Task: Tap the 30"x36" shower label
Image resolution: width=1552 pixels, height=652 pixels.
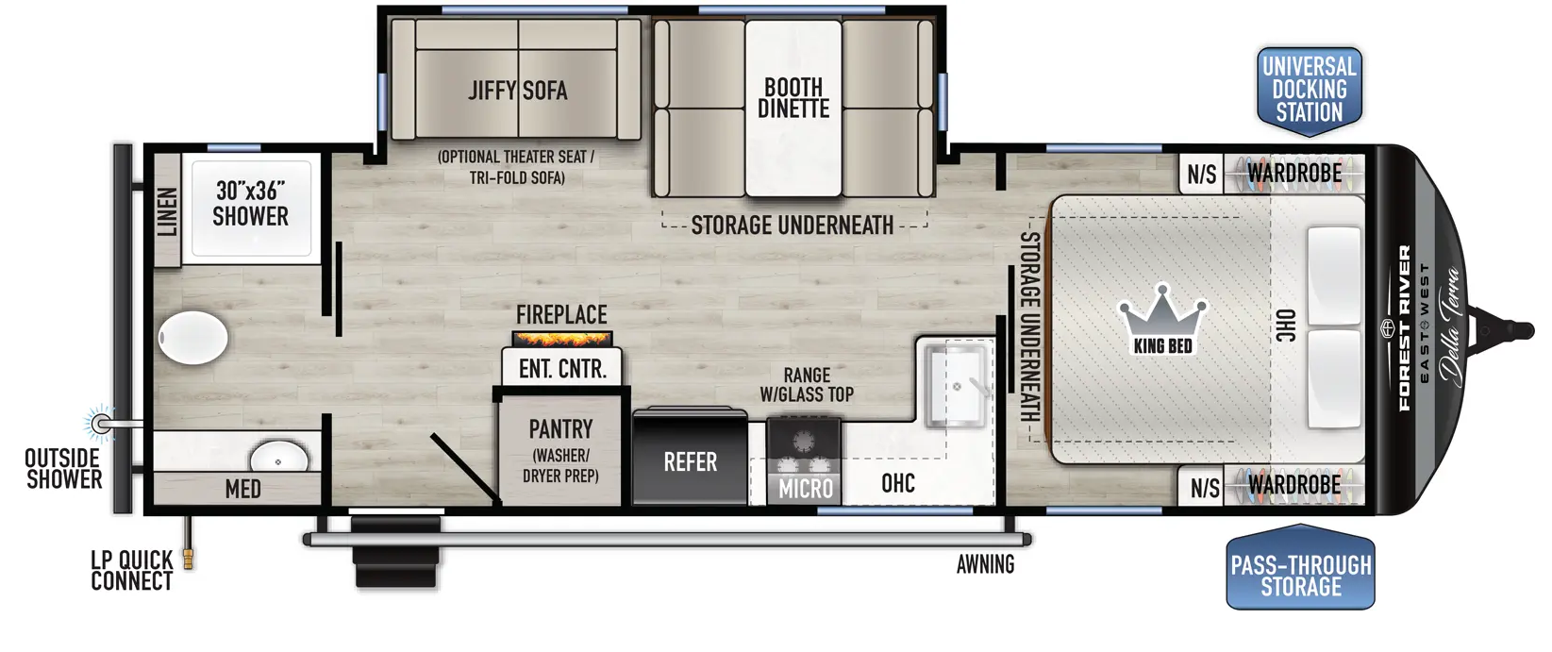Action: point(250,204)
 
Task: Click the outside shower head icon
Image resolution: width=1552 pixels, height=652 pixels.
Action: point(101,422)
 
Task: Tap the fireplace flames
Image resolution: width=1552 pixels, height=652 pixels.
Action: point(562,339)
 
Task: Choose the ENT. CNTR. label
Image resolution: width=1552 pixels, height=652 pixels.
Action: point(562,369)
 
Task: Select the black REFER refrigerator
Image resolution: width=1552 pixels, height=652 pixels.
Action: point(690,458)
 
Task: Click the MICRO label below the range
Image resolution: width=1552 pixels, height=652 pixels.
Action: point(805,489)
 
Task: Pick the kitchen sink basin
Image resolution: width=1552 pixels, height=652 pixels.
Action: point(957,385)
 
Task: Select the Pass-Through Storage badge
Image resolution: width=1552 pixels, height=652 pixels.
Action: point(1300,568)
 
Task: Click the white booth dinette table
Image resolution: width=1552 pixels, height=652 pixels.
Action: point(793,109)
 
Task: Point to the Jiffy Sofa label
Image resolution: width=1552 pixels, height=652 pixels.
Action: point(518,90)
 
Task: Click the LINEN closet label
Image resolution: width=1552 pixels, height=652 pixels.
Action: point(167,211)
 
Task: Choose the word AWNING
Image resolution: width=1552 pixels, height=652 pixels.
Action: point(985,564)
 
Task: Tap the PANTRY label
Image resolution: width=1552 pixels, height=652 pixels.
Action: point(560,429)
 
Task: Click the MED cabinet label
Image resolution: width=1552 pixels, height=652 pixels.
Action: point(243,489)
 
